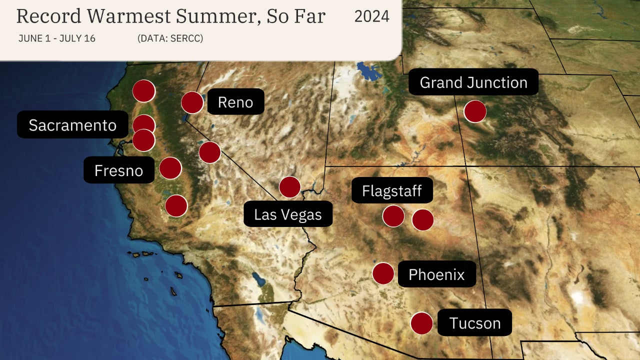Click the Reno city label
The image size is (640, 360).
(x=235, y=102)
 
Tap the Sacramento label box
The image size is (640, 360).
(x=72, y=125)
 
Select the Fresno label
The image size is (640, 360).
(x=118, y=170)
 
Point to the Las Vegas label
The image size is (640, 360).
(x=288, y=214)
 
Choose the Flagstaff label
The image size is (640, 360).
(x=392, y=190)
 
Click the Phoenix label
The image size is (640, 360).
(x=436, y=274)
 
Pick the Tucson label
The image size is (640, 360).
(x=475, y=322)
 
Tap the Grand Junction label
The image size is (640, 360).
(x=473, y=82)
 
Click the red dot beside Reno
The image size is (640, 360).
(x=192, y=102)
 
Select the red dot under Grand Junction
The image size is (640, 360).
(x=475, y=111)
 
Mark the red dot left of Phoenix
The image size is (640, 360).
(x=383, y=273)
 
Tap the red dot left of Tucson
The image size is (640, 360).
(x=421, y=323)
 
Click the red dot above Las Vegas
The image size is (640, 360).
(x=290, y=187)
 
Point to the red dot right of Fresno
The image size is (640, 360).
(x=170, y=168)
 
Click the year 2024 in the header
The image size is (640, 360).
(x=371, y=16)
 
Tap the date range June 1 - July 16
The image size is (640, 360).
(x=57, y=38)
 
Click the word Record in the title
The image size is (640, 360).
(x=48, y=16)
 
